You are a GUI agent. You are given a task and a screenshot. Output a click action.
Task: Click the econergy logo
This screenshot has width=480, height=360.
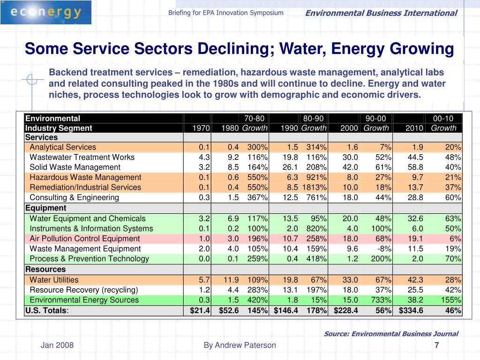coord(46,12)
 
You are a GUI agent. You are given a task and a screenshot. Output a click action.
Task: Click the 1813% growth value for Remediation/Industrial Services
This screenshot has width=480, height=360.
coord(315,187)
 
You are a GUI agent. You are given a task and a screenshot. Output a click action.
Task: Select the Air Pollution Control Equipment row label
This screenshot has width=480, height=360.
coord(84,239)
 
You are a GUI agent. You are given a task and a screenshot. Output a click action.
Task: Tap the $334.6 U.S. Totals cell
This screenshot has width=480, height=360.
coord(411,310)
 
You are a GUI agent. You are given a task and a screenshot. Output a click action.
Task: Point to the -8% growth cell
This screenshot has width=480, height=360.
coord(384,248)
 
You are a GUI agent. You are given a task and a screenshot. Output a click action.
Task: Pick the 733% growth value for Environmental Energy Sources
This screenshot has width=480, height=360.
coord(381,300)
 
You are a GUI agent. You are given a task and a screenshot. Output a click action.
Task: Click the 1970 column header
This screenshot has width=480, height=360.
coord(201,128)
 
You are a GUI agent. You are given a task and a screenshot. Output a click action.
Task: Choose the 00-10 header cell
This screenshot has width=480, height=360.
coord(443,119)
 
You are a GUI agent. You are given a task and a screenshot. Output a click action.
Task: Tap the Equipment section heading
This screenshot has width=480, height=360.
coord(45,208)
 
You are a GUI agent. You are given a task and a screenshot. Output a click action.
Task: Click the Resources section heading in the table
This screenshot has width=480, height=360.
coord(45,269)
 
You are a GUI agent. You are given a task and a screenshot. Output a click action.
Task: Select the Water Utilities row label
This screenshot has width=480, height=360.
coord(54,280)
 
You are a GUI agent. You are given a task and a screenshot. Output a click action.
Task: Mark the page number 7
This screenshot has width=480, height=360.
coord(437,345)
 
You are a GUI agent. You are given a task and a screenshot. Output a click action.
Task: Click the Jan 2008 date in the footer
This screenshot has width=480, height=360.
coord(57,345)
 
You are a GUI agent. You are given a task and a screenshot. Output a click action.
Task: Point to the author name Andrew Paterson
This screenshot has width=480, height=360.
coord(245,345)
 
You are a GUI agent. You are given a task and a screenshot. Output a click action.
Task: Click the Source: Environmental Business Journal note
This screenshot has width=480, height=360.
coord(391,334)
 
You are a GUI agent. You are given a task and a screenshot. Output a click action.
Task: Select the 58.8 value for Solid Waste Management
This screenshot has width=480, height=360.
coord(415,167)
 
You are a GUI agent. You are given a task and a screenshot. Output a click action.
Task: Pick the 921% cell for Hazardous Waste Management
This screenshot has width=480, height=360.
coord(316,177)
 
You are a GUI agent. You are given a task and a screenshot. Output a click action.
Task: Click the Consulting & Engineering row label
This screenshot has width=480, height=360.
coord(74,197)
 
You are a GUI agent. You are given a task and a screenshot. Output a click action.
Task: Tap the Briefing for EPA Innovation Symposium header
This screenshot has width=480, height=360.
coord(225,13)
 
